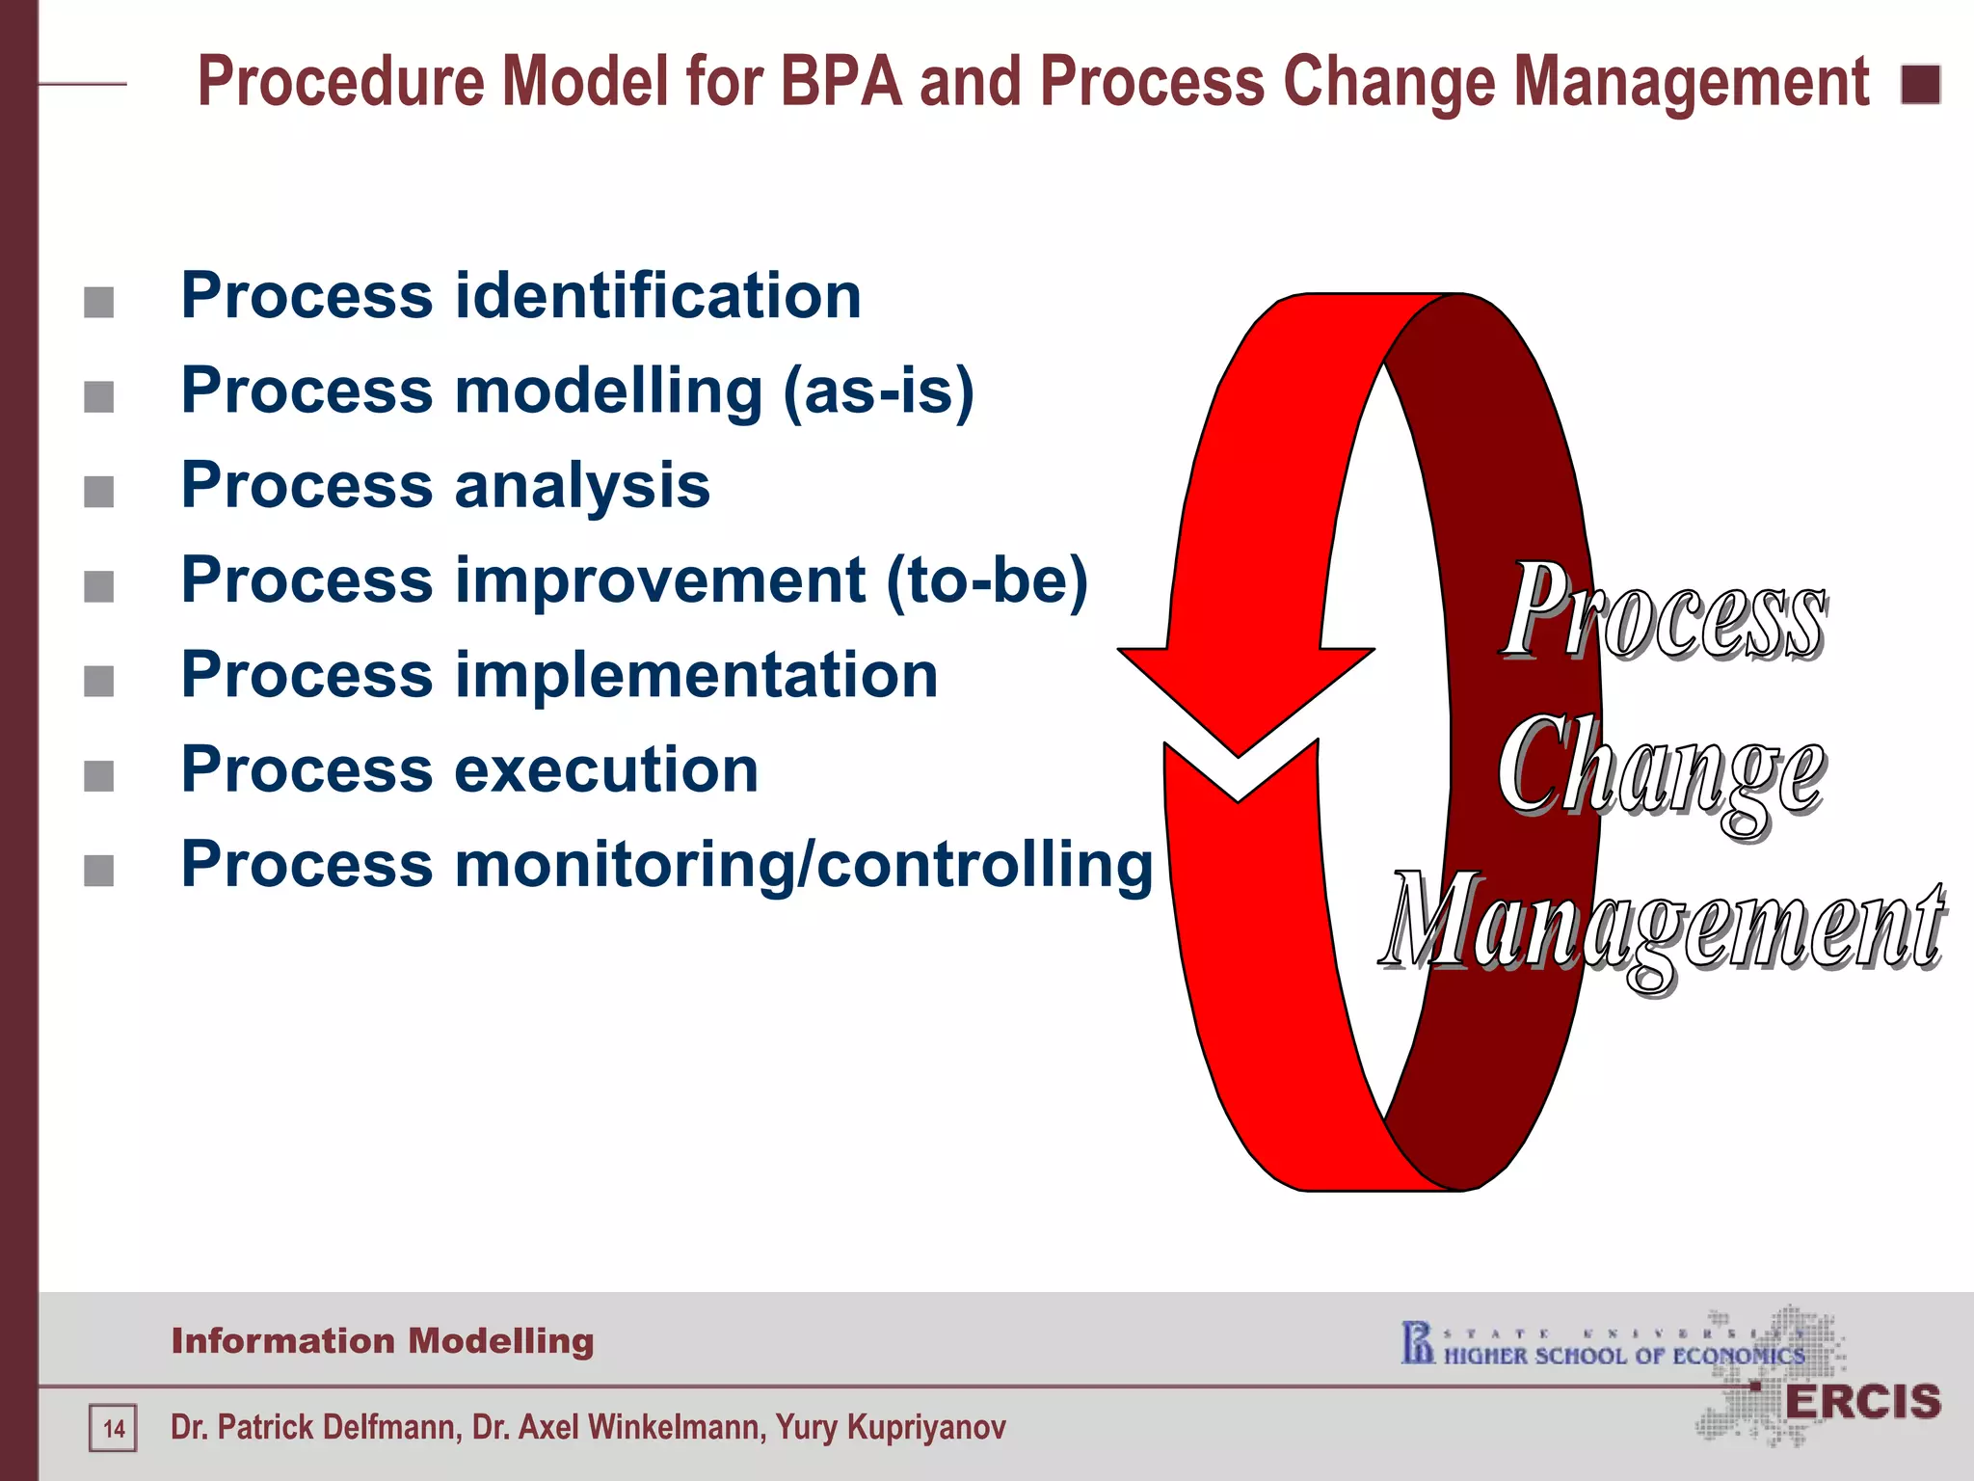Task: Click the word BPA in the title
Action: coord(840,81)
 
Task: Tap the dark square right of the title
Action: coord(1920,85)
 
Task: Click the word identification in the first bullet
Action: coord(657,295)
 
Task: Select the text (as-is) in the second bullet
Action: coord(878,391)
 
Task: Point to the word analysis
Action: coord(582,485)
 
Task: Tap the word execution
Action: coord(606,770)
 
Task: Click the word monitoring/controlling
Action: coord(804,865)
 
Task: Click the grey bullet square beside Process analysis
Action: coord(99,492)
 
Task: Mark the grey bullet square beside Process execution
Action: coord(99,776)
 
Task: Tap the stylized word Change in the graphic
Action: coord(1660,771)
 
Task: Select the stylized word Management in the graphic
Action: coord(1663,926)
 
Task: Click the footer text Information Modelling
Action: coord(383,1341)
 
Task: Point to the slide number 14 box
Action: coord(114,1428)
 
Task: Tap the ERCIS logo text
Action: coord(1862,1403)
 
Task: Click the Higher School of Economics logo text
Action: coord(1623,1356)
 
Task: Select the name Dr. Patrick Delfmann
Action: coord(315,1427)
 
